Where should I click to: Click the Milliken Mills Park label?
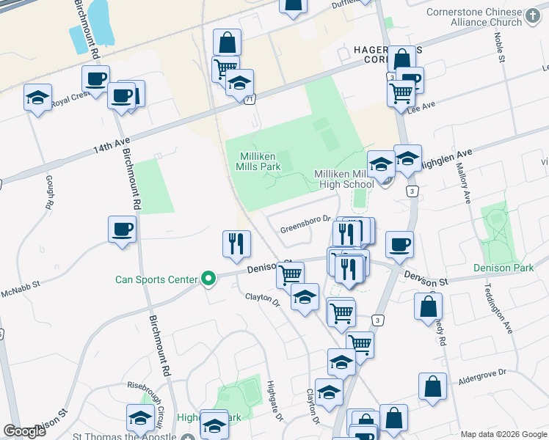point(260,161)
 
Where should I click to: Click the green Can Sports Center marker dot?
point(208,279)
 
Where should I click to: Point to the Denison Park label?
point(503,268)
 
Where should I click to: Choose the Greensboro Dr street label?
point(301,229)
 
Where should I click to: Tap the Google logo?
point(24,431)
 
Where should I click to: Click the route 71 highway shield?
point(251,99)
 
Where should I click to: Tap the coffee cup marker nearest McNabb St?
point(122,230)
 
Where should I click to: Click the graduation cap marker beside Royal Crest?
point(38,98)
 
